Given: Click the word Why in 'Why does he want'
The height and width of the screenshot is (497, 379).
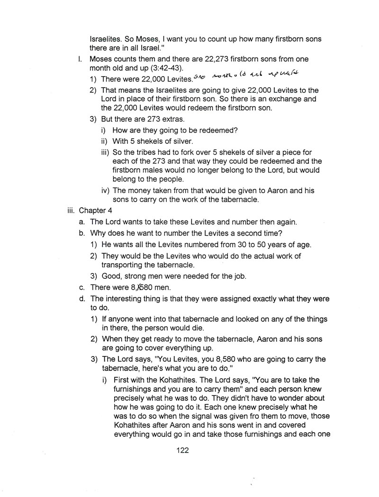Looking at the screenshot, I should point(99,233).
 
